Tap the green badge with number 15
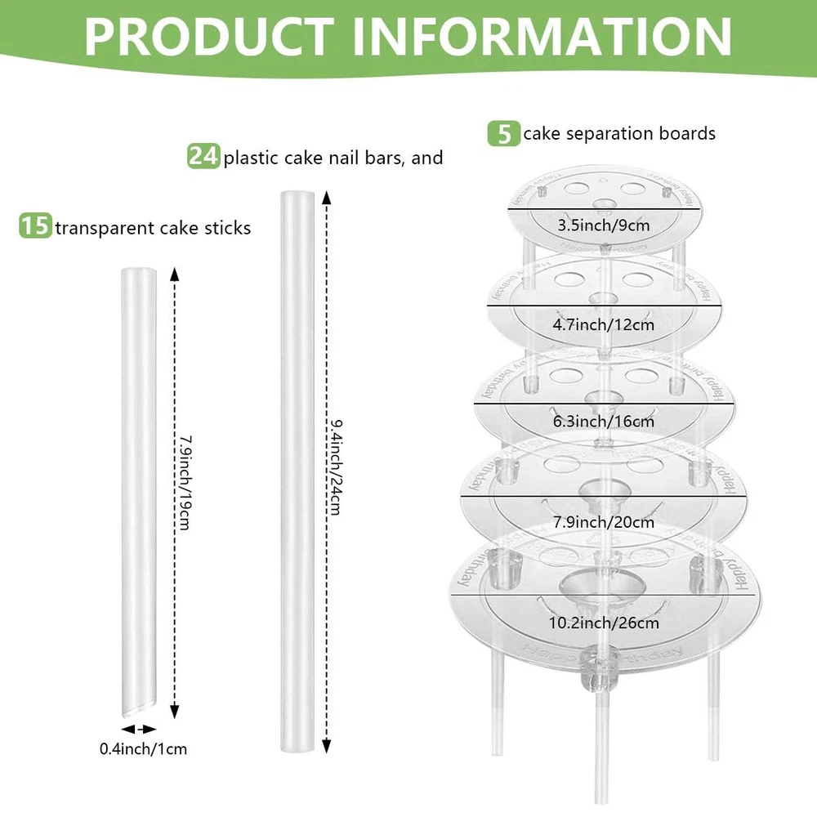click(x=36, y=226)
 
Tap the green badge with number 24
click(x=203, y=156)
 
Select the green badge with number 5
click(x=504, y=133)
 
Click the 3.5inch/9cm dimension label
click(x=605, y=225)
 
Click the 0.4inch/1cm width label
click(x=144, y=748)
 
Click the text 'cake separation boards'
click(x=619, y=133)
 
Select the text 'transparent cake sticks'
click(x=153, y=227)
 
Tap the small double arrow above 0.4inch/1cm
click(x=138, y=728)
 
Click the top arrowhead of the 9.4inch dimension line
click(x=326, y=198)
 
